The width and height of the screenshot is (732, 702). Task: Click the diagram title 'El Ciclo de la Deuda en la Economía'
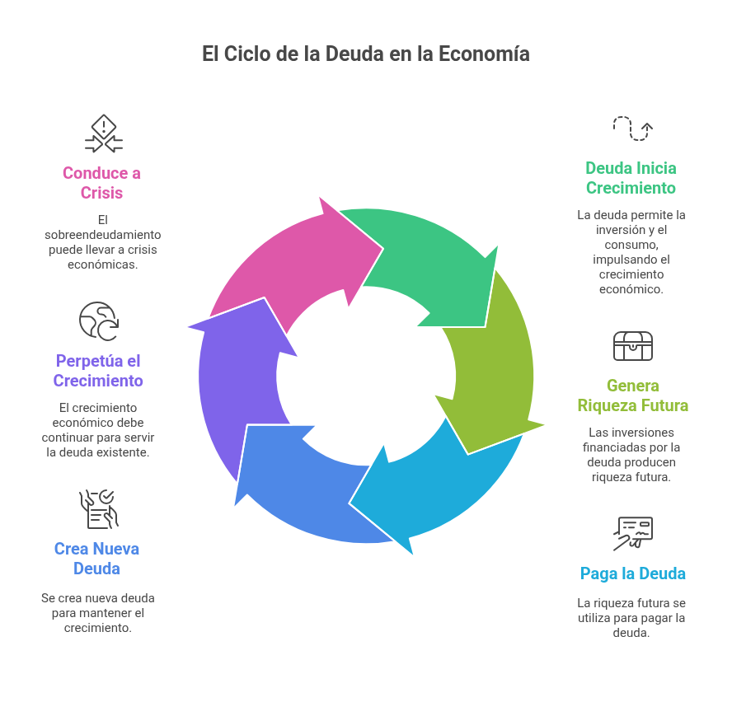pyautogui.click(x=365, y=54)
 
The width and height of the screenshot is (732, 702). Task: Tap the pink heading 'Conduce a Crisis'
pyautogui.click(x=102, y=183)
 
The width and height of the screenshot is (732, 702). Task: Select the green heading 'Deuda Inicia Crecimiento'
pyautogui.click(x=631, y=178)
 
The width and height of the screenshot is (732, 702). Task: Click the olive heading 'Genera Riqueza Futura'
pyautogui.click(x=632, y=395)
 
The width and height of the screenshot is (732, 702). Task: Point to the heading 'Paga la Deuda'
pyautogui.click(x=632, y=573)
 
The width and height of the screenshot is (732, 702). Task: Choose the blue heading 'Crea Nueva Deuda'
pyautogui.click(x=96, y=559)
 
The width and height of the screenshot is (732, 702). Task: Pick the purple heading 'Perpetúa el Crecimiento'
pyautogui.click(x=98, y=371)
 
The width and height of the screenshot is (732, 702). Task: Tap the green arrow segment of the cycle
pyautogui.click(x=420, y=255)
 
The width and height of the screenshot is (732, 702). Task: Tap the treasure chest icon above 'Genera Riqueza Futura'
pyautogui.click(x=632, y=346)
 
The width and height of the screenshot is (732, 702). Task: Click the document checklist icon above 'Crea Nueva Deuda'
pyautogui.click(x=98, y=508)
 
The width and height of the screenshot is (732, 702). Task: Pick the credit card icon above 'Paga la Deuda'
pyautogui.click(x=632, y=533)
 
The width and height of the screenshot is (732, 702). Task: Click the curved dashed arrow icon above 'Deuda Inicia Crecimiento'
pyautogui.click(x=632, y=128)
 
